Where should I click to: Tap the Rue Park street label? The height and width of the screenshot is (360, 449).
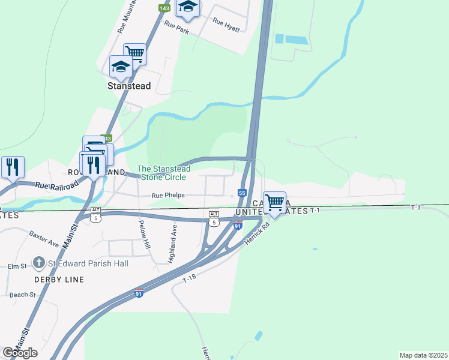pos(176,26)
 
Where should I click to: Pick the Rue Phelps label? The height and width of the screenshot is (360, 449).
pos(168,196)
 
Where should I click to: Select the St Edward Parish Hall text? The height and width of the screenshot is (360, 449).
pos(89,263)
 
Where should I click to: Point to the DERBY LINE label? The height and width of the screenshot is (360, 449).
pos(59,280)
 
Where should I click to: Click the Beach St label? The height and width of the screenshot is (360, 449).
pos(23,295)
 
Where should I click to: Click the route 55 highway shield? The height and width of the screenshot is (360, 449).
pos(242,193)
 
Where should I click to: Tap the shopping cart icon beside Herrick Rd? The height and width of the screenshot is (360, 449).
pos(274,202)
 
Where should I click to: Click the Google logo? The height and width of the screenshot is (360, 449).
pos(20,353)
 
